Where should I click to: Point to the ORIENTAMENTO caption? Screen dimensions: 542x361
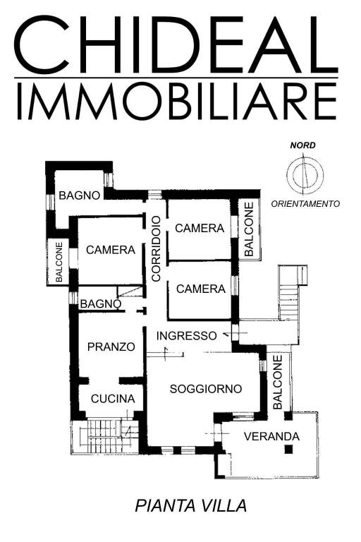305,203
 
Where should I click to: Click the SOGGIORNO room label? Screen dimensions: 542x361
206,389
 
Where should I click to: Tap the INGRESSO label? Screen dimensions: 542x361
187,335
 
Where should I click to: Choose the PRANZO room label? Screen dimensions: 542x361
111,347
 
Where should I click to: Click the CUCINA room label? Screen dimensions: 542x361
113,399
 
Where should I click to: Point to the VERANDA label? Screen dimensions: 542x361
271,436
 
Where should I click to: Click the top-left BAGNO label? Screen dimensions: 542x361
80,195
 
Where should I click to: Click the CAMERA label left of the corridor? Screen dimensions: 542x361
111,250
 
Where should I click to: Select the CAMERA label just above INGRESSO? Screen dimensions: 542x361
201,289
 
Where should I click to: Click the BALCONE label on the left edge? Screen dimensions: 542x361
59,264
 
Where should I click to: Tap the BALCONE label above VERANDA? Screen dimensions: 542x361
277,382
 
